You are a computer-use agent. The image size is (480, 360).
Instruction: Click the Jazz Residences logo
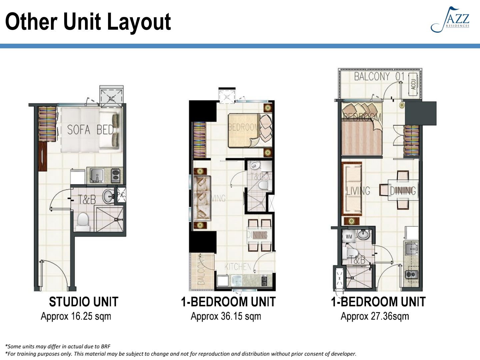click(451, 20)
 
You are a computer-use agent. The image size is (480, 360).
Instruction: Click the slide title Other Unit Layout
click(88, 22)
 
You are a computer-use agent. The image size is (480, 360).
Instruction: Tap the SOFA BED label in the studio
click(90, 130)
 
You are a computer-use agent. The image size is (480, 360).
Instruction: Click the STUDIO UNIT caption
click(83, 302)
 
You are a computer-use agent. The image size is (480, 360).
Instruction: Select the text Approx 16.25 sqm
click(76, 316)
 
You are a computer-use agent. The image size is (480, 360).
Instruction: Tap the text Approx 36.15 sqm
click(226, 316)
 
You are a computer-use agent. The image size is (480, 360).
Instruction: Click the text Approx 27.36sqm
click(375, 316)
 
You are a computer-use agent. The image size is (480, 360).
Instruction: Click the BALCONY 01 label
click(379, 77)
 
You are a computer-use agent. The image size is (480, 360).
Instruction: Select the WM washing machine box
click(349, 237)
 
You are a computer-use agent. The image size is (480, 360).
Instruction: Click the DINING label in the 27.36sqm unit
click(403, 191)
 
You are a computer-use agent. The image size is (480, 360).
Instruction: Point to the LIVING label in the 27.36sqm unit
click(358, 191)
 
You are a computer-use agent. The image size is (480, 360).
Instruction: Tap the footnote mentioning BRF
click(58, 346)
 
